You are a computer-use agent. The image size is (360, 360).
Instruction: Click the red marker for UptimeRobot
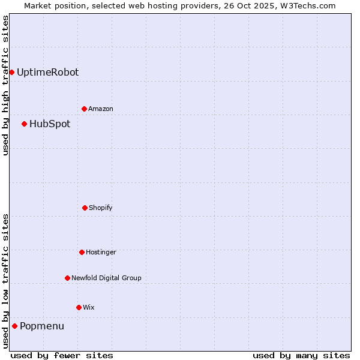(11, 73)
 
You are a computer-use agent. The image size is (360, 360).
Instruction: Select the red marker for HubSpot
(24, 124)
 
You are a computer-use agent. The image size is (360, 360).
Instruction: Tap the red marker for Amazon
(84, 109)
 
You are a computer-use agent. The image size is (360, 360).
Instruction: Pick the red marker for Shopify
(85, 208)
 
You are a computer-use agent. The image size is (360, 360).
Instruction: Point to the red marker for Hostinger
(82, 253)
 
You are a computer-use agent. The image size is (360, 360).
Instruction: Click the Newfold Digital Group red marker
(67, 278)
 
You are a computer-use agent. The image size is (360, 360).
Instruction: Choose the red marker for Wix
(79, 308)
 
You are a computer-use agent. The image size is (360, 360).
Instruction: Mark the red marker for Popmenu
(14, 326)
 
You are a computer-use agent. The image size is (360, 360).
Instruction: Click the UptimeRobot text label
(47, 73)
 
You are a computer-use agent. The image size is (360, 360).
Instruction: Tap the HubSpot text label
(50, 124)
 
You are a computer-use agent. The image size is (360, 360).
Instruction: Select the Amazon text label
(101, 109)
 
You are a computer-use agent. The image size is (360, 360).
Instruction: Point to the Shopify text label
(101, 208)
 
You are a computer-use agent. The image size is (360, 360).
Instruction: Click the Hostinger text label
(101, 253)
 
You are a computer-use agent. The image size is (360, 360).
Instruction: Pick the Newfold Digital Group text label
(106, 278)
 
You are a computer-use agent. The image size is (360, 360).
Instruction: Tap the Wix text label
(89, 308)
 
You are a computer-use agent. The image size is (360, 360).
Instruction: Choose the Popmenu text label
(42, 326)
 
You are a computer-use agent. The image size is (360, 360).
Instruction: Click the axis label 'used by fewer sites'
(62, 355)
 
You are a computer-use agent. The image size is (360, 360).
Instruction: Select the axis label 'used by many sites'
(301, 355)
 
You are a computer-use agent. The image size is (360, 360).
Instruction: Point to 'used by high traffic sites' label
(5, 85)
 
